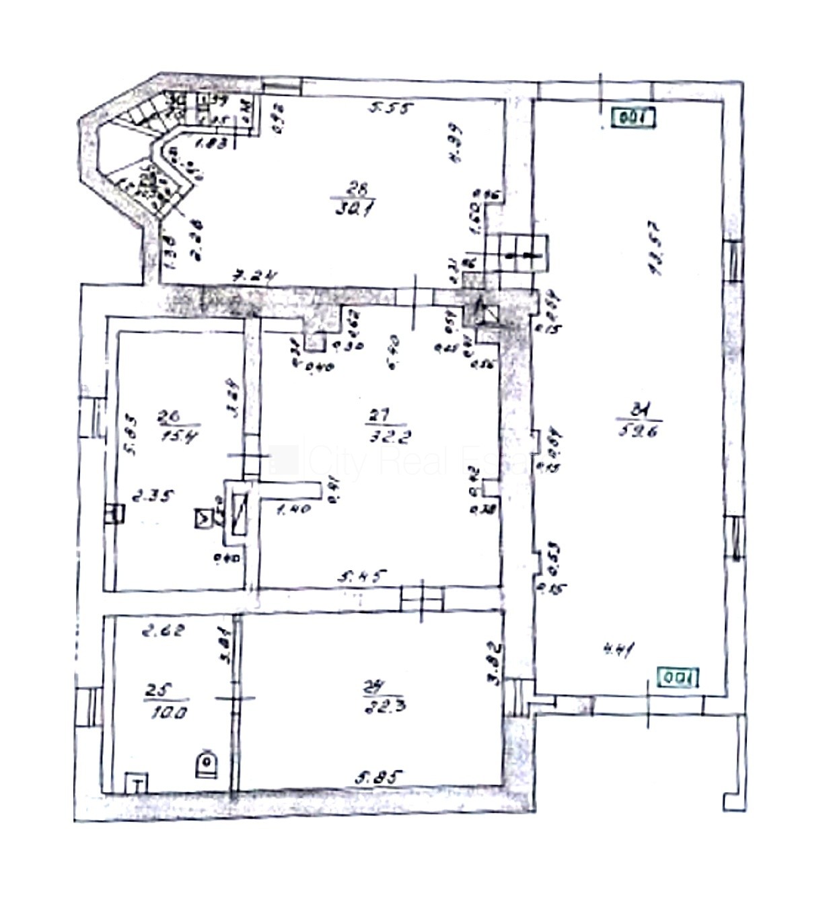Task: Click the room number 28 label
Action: [x=361, y=189]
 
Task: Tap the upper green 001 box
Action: [x=633, y=118]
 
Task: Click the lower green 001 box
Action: [x=678, y=677]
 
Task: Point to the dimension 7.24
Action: [x=255, y=275]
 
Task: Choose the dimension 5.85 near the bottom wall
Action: [x=379, y=777]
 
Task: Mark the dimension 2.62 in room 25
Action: [x=164, y=631]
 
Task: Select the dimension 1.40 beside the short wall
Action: [x=293, y=509]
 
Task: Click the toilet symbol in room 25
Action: [x=206, y=764]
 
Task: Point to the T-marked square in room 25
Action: [x=137, y=783]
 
